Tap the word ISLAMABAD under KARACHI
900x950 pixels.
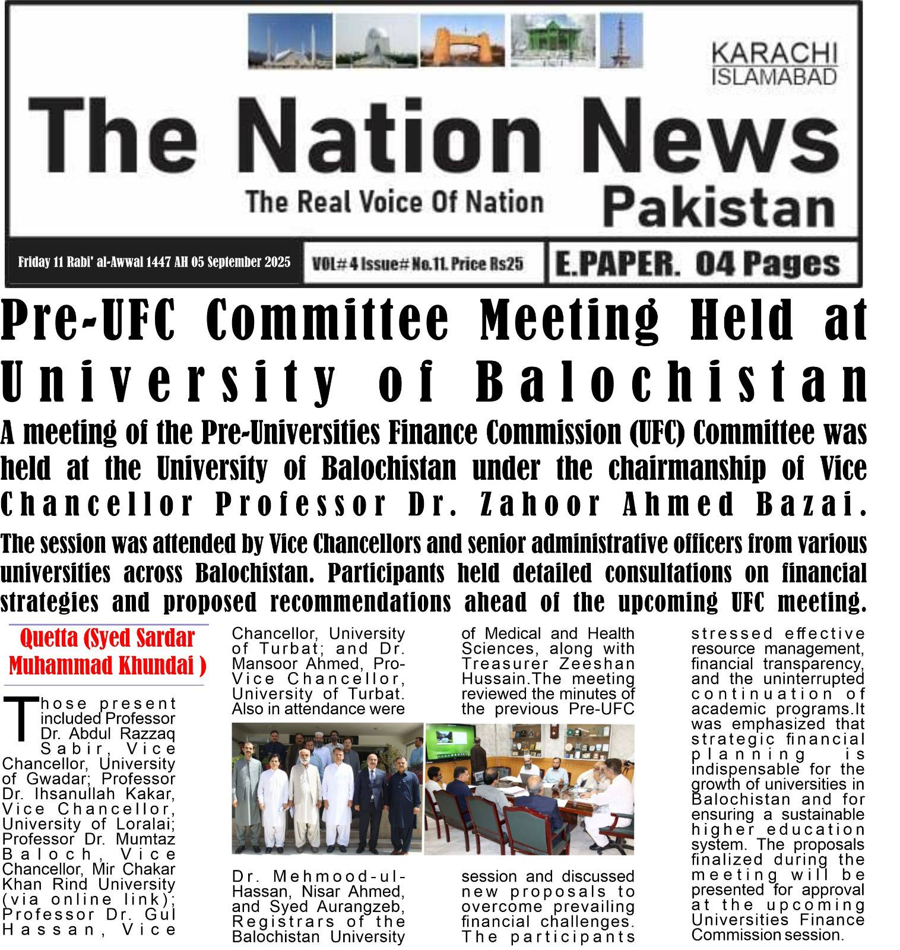coord(774,77)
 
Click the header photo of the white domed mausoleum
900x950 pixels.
coord(376,40)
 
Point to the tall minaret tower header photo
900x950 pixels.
coord(620,39)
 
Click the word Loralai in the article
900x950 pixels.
coord(146,824)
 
